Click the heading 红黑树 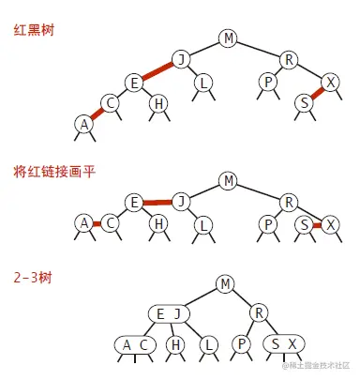coord(33,30)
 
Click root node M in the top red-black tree coord(228,38)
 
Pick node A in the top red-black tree coord(84,123)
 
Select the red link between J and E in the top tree coord(158,71)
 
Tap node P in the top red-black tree coord(269,83)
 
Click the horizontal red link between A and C coord(97,223)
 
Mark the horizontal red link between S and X coord(317,224)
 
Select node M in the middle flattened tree coord(228,179)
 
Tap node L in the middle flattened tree coord(202,224)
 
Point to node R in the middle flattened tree coord(290,201)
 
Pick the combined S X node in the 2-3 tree coord(284,344)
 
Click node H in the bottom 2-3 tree coord(174,344)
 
